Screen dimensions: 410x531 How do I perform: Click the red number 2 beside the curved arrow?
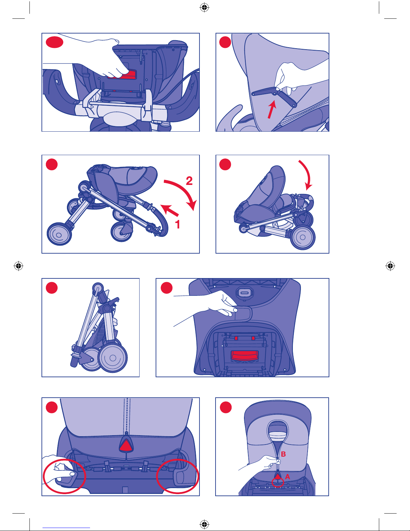[189, 181]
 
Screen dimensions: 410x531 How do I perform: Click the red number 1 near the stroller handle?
[178, 224]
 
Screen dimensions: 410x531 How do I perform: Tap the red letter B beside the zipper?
[283, 454]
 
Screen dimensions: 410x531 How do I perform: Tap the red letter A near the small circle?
[288, 476]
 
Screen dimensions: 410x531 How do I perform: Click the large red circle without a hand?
[177, 476]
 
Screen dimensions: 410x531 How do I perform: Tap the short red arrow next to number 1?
[169, 210]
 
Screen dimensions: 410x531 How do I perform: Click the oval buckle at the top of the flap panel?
[245, 293]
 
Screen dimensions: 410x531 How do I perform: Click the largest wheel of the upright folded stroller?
[112, 358]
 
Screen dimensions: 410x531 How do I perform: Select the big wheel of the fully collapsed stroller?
[303, 237]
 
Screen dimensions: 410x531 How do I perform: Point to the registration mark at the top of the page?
[204, 8]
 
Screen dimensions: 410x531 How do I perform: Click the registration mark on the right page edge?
[390, 266]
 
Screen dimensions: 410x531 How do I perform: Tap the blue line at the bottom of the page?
[66, 528]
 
